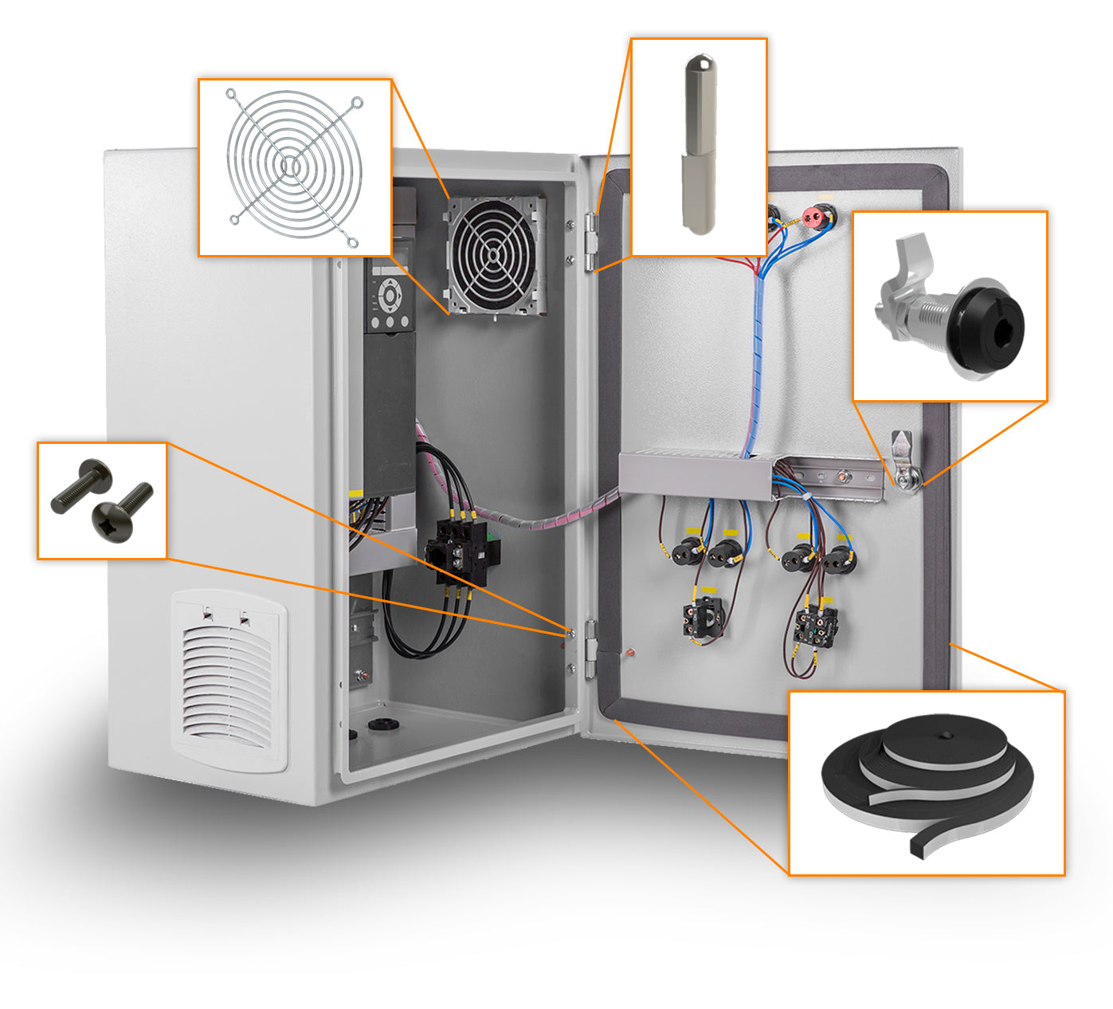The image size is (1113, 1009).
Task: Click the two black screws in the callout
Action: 102,501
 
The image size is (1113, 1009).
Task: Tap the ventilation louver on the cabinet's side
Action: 229,681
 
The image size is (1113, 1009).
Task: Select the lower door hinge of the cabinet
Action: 590,650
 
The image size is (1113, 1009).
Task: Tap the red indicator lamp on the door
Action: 813,215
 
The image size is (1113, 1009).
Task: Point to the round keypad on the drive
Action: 390,296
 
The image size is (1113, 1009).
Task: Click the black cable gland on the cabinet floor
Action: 382,725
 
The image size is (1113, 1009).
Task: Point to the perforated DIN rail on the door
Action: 837,478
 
